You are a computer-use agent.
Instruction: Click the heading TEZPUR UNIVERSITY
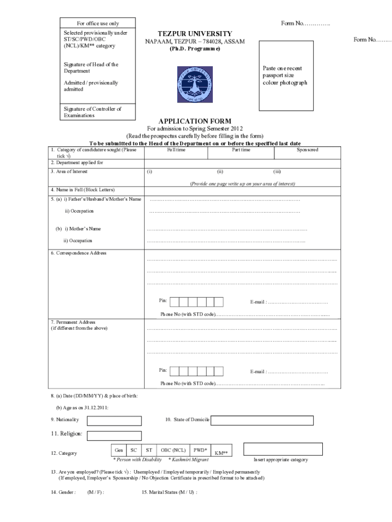(x=188, y=33)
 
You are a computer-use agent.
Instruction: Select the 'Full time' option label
(x=176, y=150)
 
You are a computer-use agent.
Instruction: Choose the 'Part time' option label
(x=241, y=150)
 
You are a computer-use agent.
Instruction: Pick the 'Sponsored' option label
(x=307, y=150)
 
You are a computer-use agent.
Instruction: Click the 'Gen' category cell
(x=119, y=450)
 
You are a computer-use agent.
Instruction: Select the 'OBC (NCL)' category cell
(x=173, y=450)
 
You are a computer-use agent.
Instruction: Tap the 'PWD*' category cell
(x=200, y=450)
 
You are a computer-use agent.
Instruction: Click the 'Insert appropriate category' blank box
(x=283, y=449)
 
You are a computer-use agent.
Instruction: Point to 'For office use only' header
(x=98, y=23)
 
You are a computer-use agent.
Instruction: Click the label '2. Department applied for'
(x=77, y=163)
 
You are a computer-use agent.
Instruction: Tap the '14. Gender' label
(x=63, y=492)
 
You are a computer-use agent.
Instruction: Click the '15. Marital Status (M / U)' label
(x=170, y=492)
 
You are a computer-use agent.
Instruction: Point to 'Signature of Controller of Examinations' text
(x=93, y=112)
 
